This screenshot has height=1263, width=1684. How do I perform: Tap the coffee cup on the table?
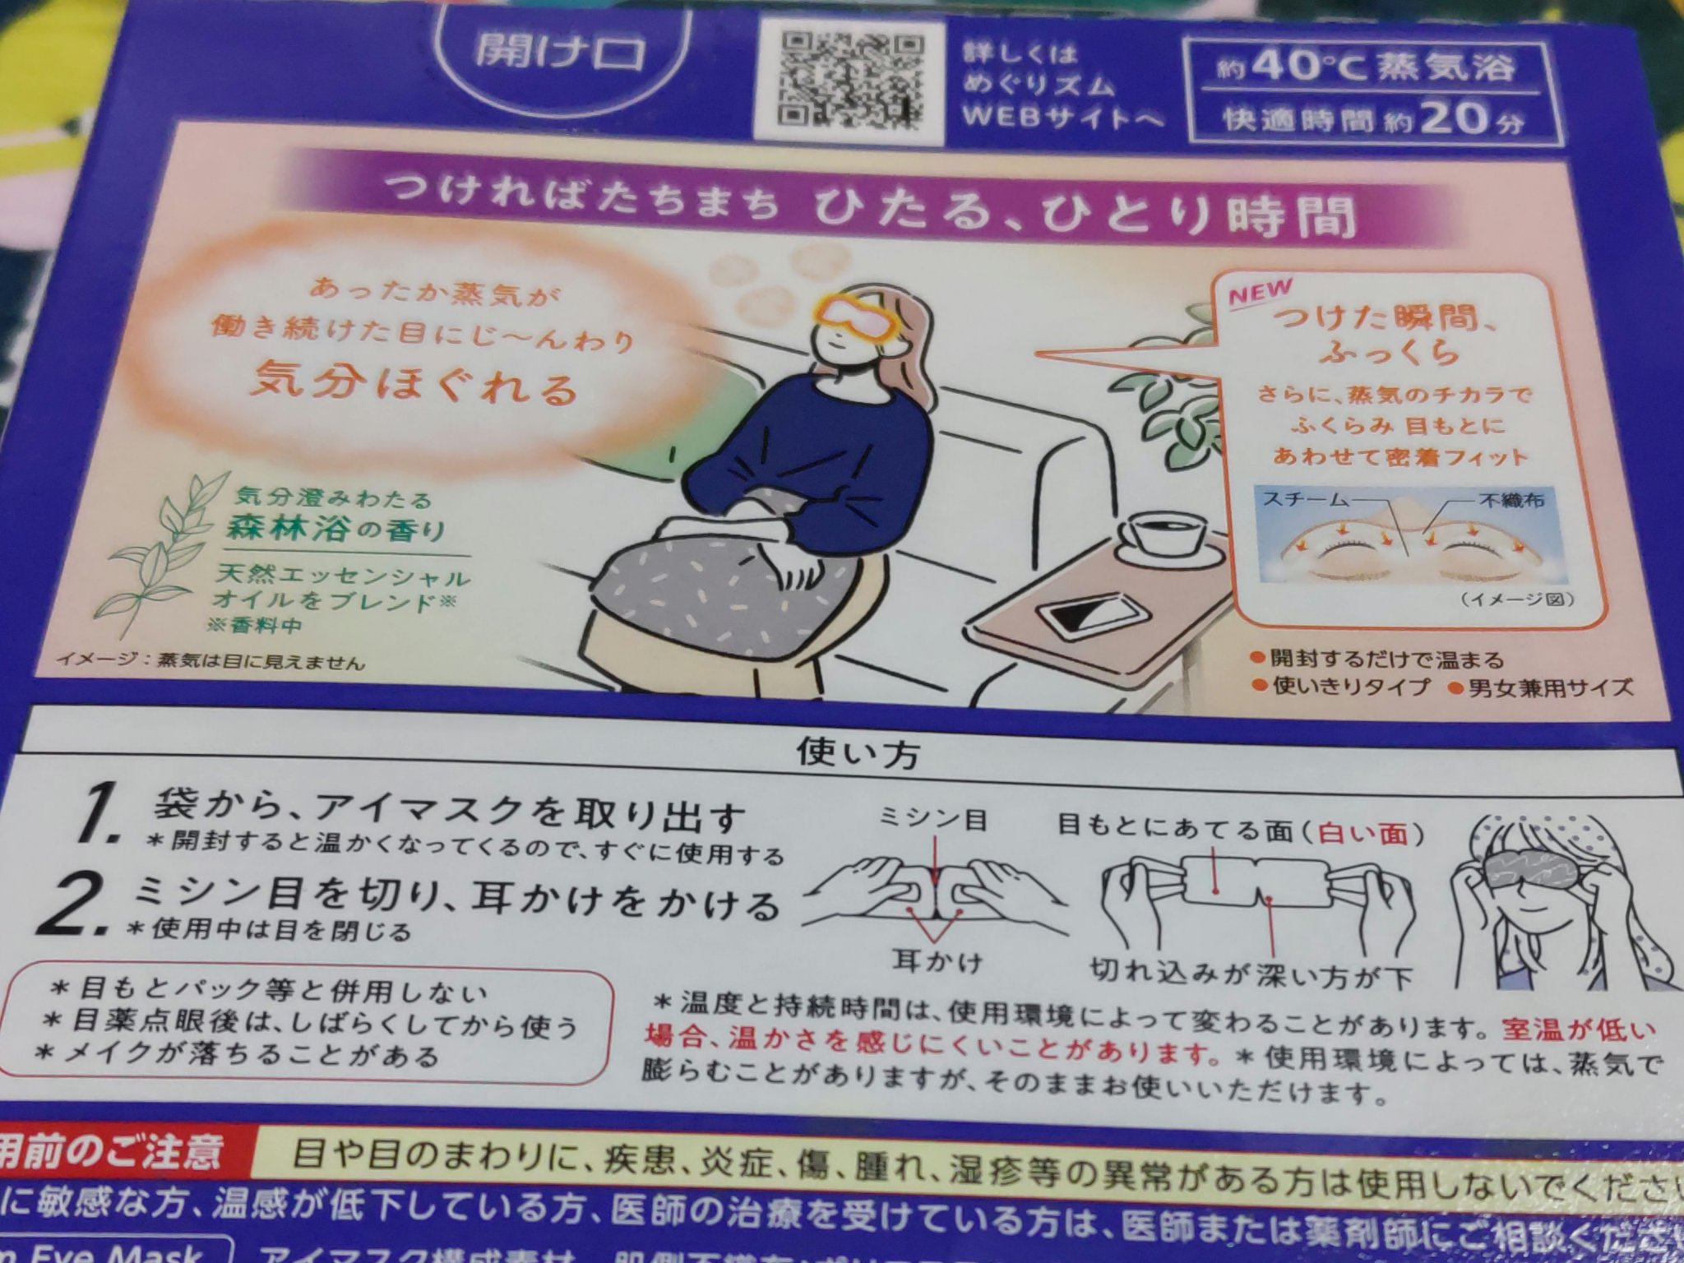click(1165, 539)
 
